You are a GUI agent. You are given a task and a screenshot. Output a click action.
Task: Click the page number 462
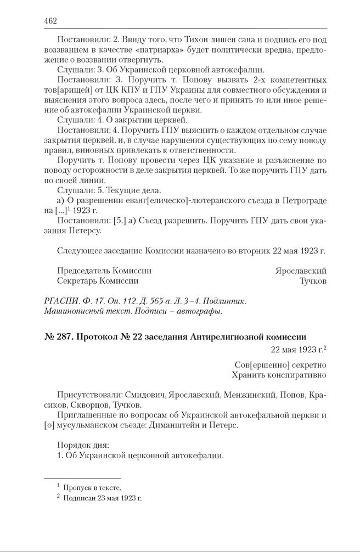pyautogui.click(x=50, y=21)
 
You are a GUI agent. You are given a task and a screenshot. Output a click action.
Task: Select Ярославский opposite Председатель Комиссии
pyautogui.click(x=301, y=271)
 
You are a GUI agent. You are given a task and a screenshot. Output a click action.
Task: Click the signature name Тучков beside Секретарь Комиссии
pyautogui.click(x=313, y=280)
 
